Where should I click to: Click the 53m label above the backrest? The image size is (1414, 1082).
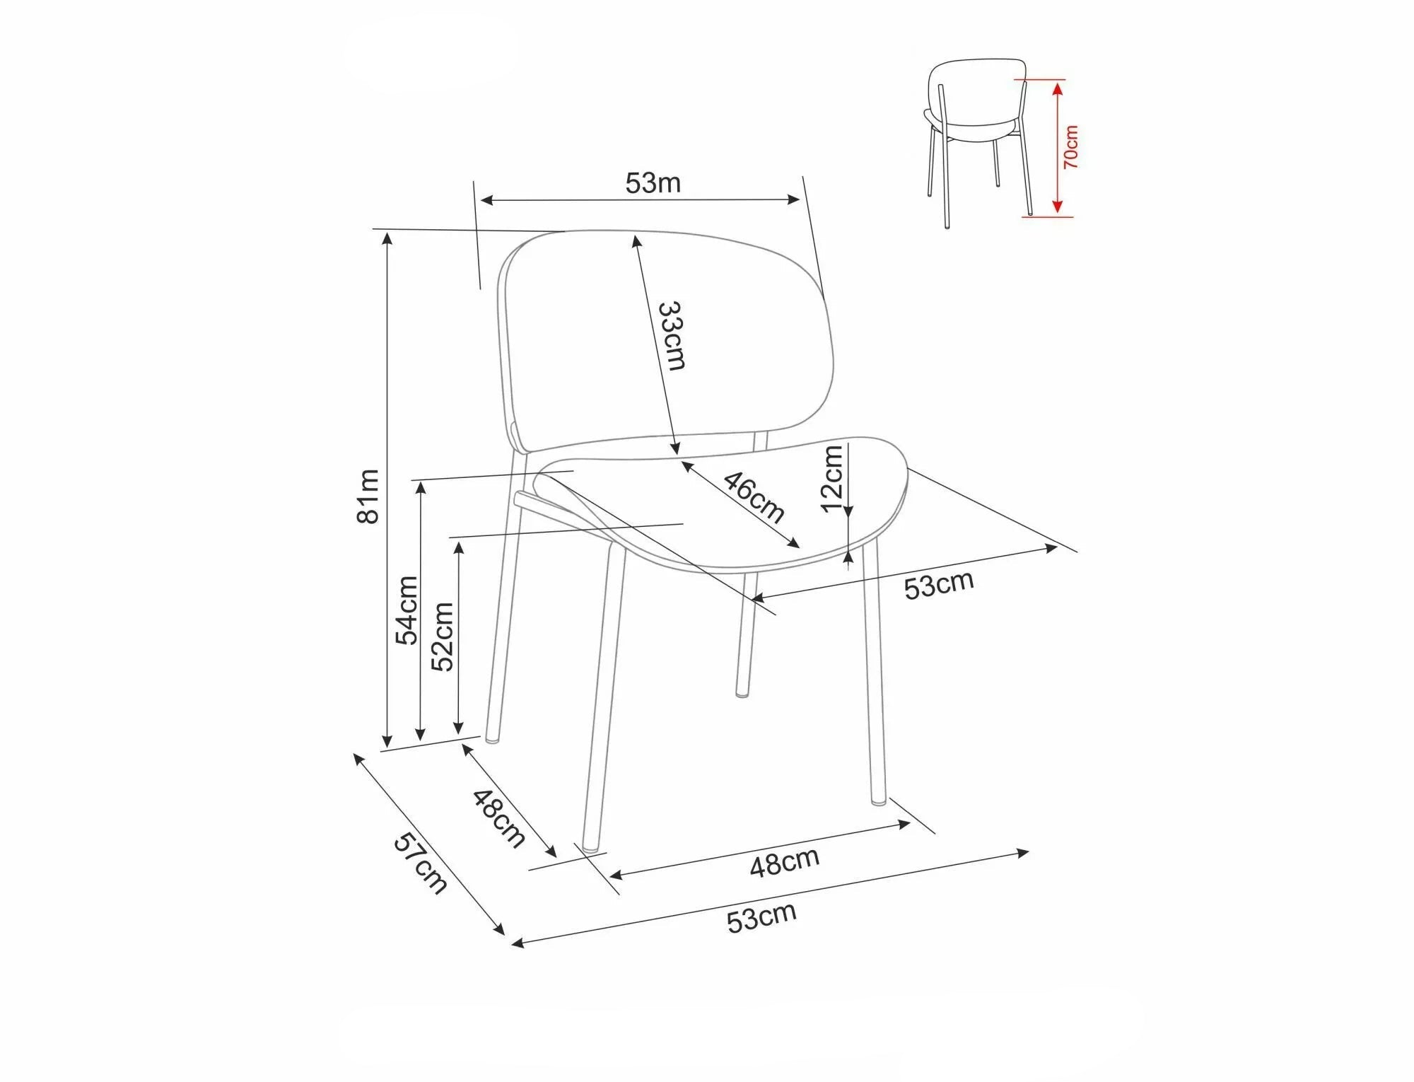653,183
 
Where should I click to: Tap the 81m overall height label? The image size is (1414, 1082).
368,496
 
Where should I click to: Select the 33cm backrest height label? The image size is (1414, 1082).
672,335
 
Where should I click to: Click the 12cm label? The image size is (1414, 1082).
834,477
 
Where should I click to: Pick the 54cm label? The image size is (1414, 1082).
407,610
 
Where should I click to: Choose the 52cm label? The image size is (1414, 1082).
442,636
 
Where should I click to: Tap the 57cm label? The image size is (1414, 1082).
421,863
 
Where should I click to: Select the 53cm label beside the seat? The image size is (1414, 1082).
939,584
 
